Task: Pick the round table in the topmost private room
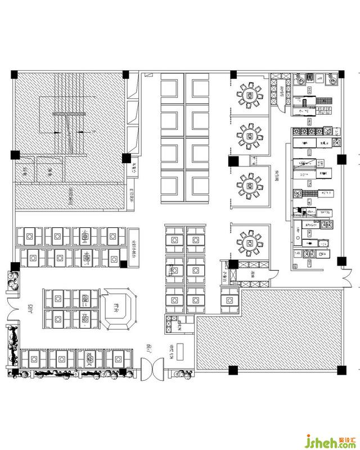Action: [x=249, y=94]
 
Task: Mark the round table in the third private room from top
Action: [x=249, y=185]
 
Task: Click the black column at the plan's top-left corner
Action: [x=15, y=74]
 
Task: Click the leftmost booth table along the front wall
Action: [x=30, y=358]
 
